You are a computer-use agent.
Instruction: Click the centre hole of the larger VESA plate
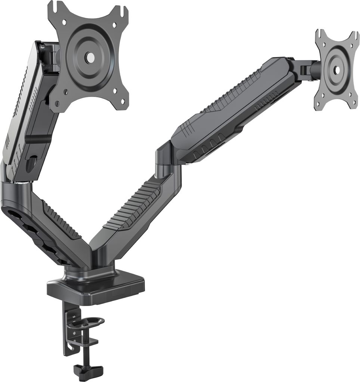point(90,57)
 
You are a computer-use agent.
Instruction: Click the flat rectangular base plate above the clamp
point(96,288)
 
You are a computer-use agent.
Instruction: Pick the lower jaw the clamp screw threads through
point(88,341)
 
